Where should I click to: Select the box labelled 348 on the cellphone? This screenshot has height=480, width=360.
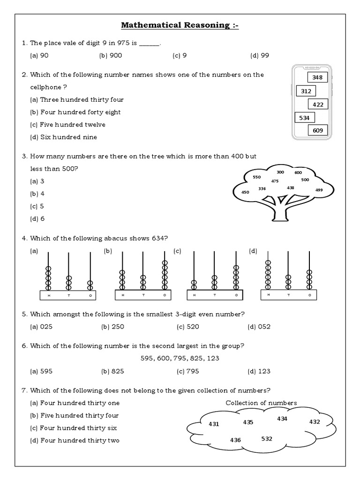[x=318, y=77]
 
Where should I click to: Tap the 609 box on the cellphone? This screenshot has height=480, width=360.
[x=318, y=131]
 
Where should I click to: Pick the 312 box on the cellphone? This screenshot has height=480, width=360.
[x=306, y=90]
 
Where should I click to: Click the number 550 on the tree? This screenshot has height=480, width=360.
[x=256, y=177]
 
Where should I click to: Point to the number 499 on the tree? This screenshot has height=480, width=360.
[x=319, y=190]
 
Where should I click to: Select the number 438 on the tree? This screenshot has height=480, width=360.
[x=291, y=187]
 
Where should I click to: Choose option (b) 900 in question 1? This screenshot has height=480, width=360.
[x=110, y=56]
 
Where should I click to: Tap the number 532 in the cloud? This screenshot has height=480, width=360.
[x=267, y=439]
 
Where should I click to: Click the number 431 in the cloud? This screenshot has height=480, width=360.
[x=214, y=424]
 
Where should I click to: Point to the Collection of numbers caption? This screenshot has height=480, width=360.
[x=261, y=403]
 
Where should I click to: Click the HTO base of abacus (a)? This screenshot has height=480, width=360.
[x=68, y=295]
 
